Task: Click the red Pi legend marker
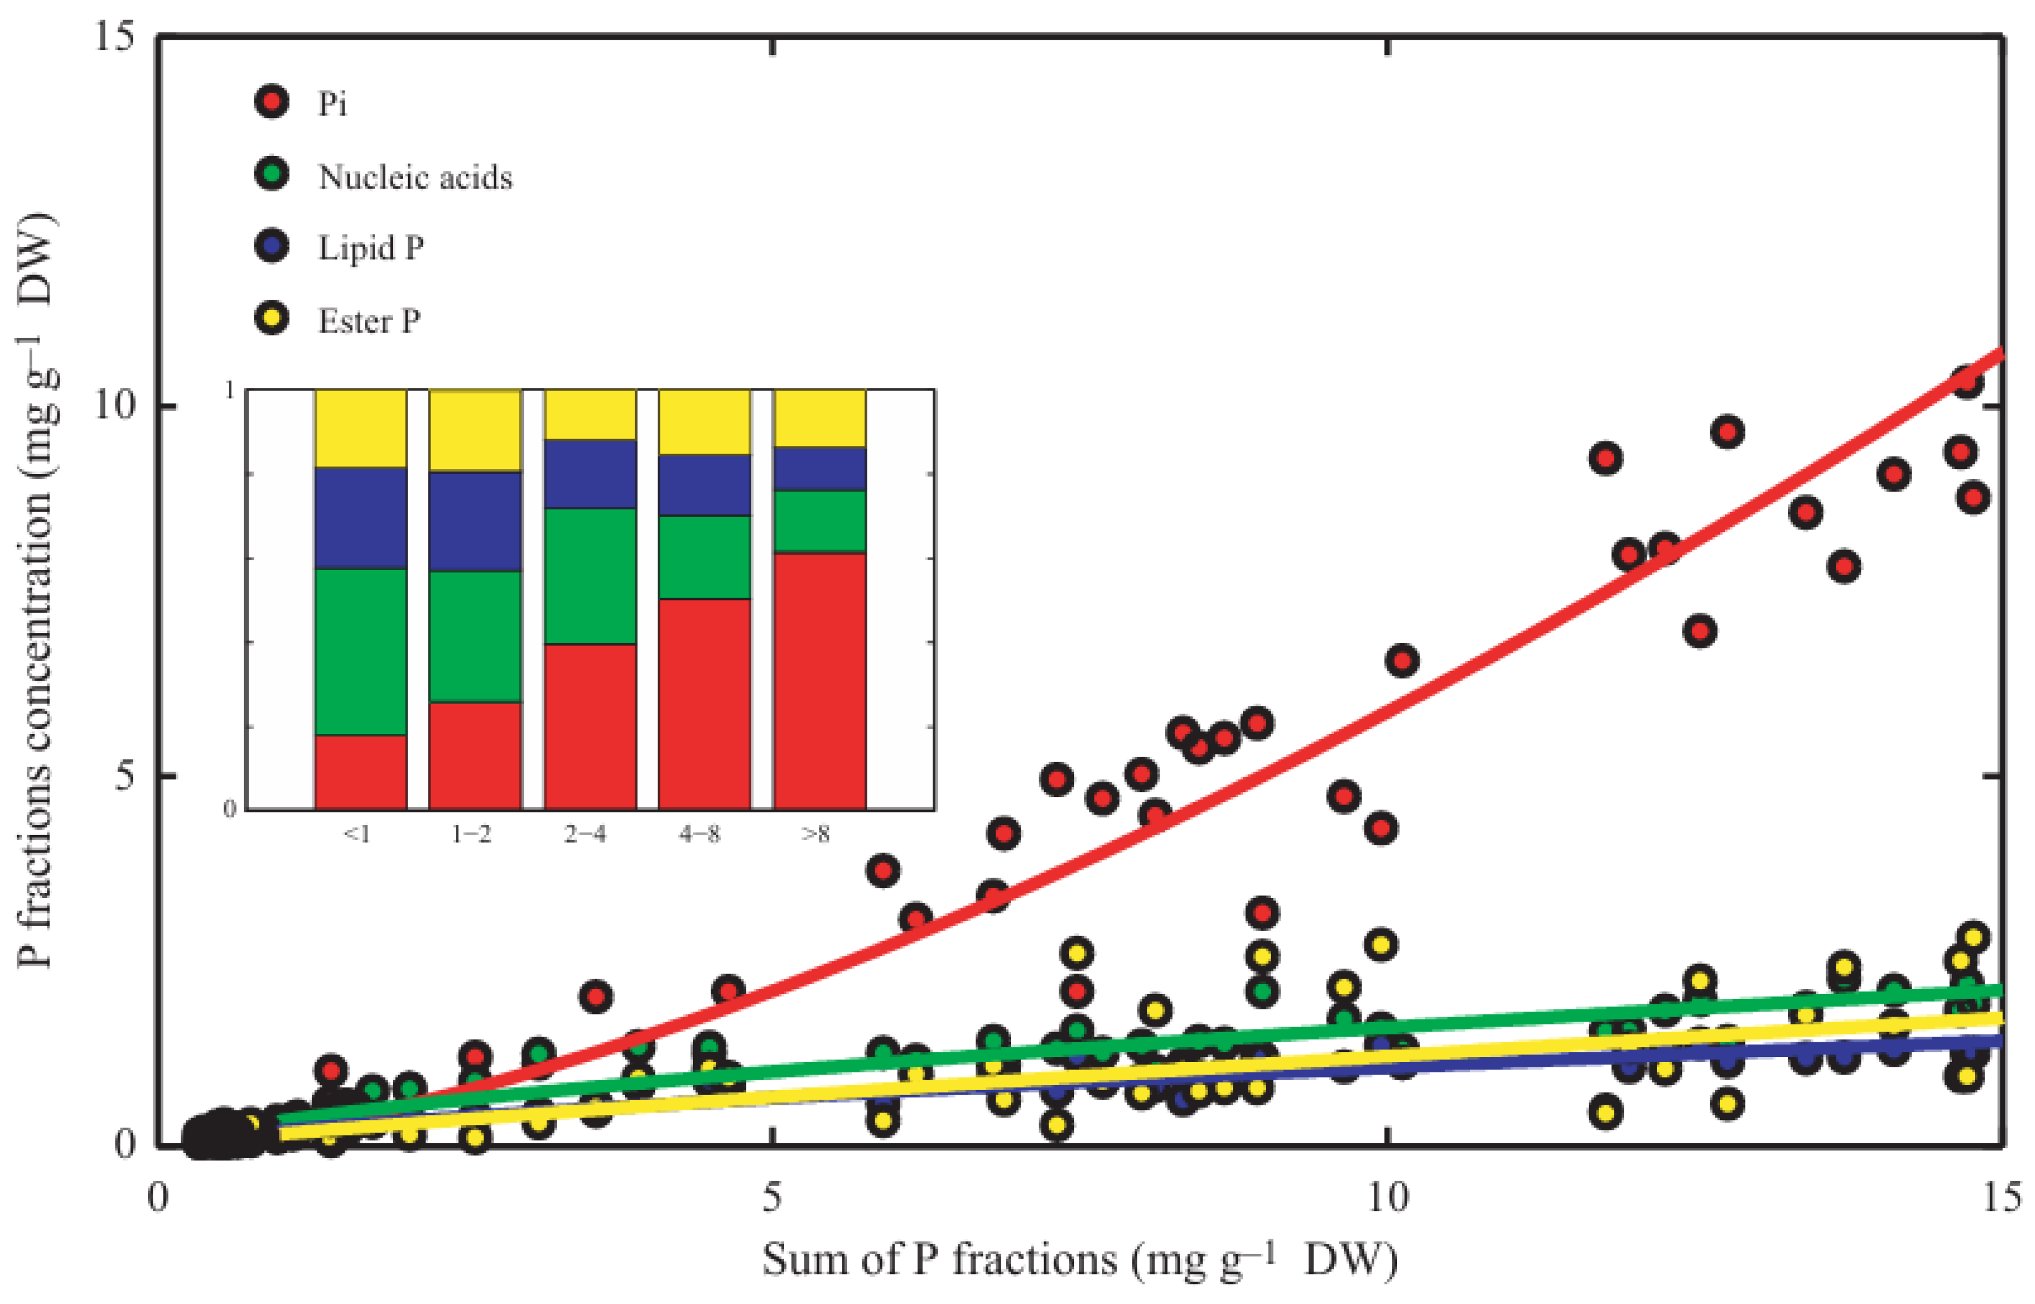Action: pos(272,102)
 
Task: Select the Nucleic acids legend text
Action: pos(415,177)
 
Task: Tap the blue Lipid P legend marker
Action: pos(272,246)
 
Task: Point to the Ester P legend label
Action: pos(369,321)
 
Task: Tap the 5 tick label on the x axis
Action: pos(771,1197)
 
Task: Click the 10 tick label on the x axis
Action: pos(1387,1197)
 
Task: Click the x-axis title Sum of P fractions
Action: pos(1079,1260)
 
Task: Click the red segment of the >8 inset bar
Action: pos(820,682)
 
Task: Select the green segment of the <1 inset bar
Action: pos(360,651)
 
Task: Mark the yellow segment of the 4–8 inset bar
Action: pos(704,422)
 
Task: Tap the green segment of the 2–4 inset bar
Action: pos(590,576)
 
